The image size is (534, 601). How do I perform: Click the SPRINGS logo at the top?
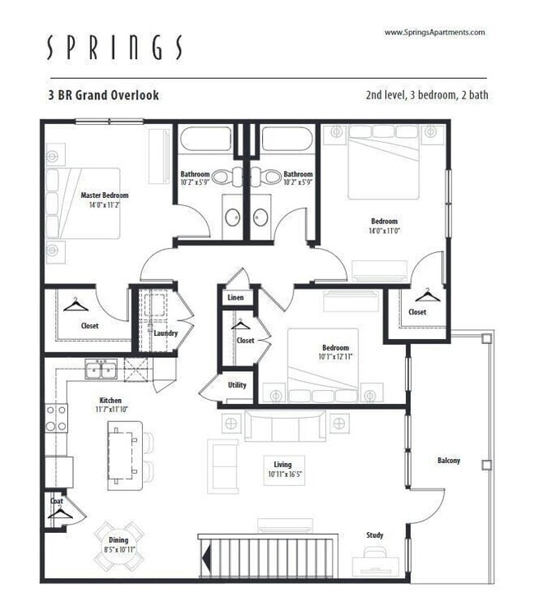click(x=115, y=48)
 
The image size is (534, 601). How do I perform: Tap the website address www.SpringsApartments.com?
click(x=435, y=32)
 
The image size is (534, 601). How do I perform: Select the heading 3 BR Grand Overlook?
click(x=104, y=95)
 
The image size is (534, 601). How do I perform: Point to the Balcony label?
click(x=448, y=461)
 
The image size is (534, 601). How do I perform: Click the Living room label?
click(x=283, y=464)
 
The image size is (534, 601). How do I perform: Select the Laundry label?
click(x=165, y=333)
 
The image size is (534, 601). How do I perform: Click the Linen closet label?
click(x=236, y=297)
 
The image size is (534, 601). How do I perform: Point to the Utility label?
click(x=237, y=384)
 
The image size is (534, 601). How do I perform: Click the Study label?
click(x=375, y=535)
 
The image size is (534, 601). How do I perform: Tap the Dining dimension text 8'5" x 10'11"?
click(x=119, y=548)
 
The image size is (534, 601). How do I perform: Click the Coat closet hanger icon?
click(x=59, y=512)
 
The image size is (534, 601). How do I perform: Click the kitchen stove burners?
click(x=56, y=418)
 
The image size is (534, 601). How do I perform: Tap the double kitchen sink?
click(x=102, y=370)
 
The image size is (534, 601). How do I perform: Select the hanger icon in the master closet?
click(x=76, y=305)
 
